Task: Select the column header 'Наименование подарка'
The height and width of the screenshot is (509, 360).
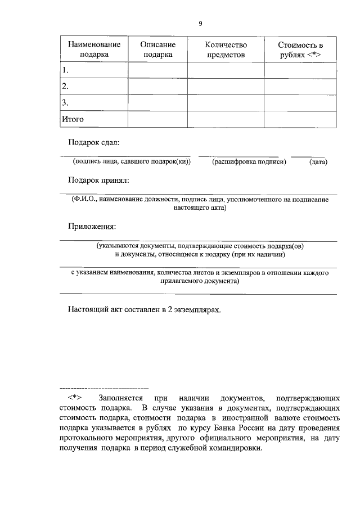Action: tap(94, 49)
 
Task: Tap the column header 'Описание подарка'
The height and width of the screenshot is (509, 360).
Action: tap(157, 49)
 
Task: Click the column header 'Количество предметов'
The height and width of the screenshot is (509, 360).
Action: tap(226, 49)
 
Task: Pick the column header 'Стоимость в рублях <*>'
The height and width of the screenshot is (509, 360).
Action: tap(300, 49)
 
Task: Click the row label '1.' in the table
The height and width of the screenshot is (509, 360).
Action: tap(66, 70)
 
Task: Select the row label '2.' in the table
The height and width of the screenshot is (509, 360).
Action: tap(66, 87)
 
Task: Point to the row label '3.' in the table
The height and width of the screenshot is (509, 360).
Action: tap(66, 103)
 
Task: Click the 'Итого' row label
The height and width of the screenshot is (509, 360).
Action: tap(73, 119)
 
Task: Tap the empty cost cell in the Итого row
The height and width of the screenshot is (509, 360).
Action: tap(300, 119)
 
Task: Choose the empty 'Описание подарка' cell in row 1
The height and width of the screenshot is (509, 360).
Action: tap(157, 70)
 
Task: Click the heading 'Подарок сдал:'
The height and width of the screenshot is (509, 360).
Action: tap(94, 143)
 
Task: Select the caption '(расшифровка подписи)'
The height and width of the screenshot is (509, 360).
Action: tap(249, 162)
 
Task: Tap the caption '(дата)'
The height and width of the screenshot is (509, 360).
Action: tap(318, 162)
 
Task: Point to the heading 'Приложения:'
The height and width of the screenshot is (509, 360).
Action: tap(92, 227)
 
